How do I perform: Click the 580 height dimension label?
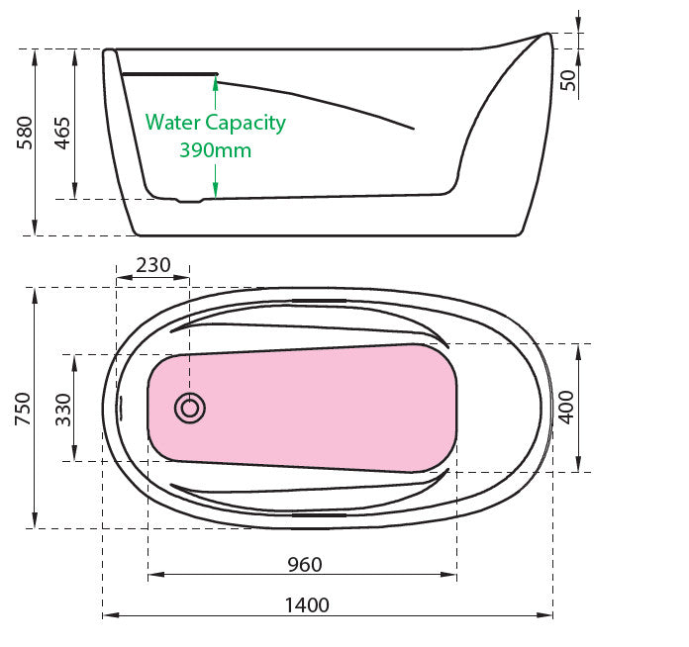25,133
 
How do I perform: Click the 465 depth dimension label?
62,133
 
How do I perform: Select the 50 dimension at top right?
567,81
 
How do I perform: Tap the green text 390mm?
215,150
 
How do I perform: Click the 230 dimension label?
152,265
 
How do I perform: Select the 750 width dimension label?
24,409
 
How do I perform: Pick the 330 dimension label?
61,408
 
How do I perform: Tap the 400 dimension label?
566,407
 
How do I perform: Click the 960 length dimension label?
304,565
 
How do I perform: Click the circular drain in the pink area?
190,407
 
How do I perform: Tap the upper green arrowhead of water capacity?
215,82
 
